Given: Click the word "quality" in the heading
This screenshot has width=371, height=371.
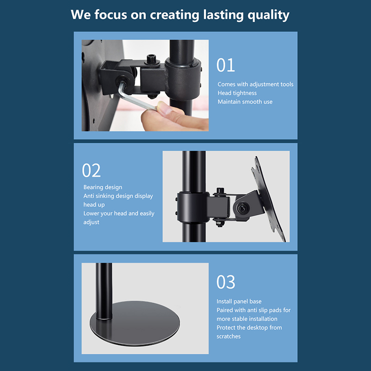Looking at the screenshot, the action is pyautogui.click(x=269, y=15).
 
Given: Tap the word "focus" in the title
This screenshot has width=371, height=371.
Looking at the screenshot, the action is pyautogui.click(x=111, y=15).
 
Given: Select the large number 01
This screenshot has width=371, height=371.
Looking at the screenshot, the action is pyautogui.click(x=225, y=65).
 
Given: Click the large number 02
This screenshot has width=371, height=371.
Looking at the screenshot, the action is pyautogui.click(x=91, y=170).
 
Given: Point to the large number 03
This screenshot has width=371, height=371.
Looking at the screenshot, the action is pyautogui.click(x=226, y=282).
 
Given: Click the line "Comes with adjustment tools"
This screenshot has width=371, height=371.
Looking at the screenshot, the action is pyautogui.click(x=256, y=84).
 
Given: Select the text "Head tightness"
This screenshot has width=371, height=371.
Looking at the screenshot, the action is pyautogui.click(x=237, y=93).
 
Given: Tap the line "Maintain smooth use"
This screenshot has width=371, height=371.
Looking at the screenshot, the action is pyautogui.click(x=245, y=102).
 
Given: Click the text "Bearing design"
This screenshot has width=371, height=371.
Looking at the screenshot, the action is pyautogui.click(x=102, y=187).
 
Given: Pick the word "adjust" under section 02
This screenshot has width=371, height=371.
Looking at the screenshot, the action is pyautogui.click(x=91, y=222).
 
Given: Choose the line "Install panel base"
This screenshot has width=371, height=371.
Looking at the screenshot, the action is pyautogui.click(x=239, y=301).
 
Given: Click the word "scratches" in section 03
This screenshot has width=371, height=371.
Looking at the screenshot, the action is pyautogui.click(x=229, y=337).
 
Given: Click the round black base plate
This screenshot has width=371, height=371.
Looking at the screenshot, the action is pyautogui.click(x=135, y=323).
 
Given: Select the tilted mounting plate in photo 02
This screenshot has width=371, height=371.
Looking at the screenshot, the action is pyautogui.click(x=270, y=199).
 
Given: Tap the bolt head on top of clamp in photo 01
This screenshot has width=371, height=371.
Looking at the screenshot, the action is pyautogui.click(x=152, y=59).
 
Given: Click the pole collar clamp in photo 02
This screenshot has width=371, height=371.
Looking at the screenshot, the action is pyautogui.click(x=193, y=207).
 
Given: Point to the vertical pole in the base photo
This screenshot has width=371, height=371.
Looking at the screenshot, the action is pyautogui.click(x=104, y=291).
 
